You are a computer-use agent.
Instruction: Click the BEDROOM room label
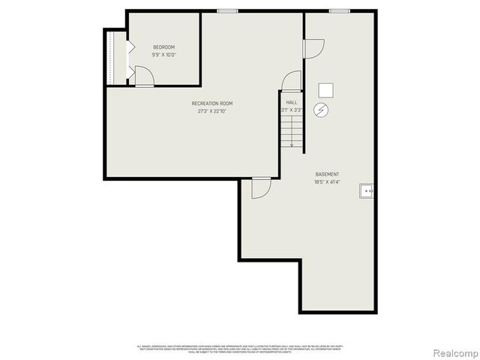point(163,47)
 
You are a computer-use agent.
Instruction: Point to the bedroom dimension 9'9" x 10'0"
point(163,55)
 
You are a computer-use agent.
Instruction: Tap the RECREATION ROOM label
point(212,103)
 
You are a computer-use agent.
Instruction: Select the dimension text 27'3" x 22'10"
point(212,111)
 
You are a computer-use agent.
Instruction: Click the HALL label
point(292,102)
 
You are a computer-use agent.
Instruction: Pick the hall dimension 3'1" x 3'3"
point(292,110)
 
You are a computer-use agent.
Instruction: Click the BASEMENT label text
point(327,174)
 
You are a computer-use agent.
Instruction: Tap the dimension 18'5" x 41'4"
point(327,182)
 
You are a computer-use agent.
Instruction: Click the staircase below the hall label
point(291,130)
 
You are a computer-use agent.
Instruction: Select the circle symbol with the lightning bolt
point(322,110)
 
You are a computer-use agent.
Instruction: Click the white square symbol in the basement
point(325,90)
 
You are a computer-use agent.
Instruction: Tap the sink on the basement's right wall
point(367,191)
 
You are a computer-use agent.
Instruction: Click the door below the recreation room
point(260,187)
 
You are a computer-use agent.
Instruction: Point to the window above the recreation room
point(227,10)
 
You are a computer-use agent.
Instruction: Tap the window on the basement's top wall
point(339,10)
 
